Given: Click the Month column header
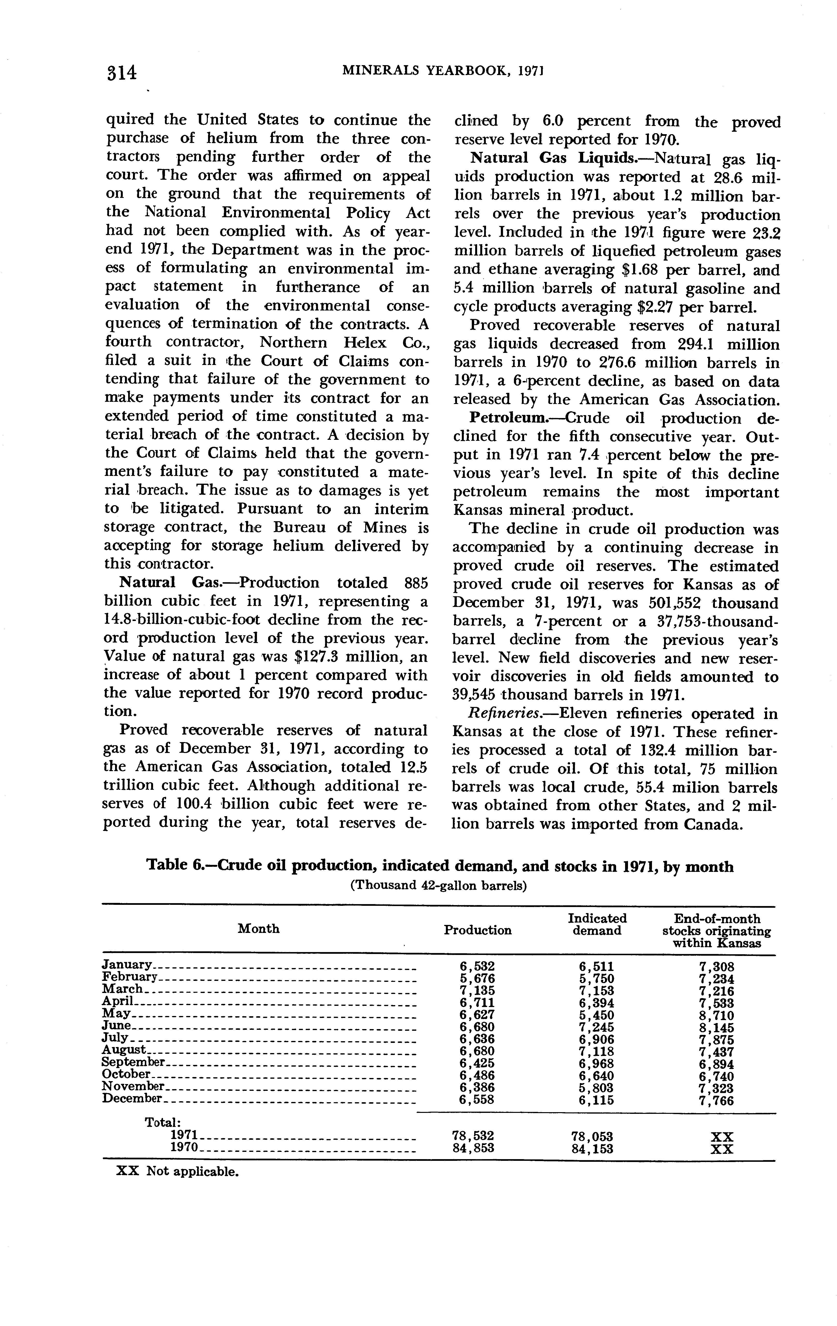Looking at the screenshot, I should pos(258,929).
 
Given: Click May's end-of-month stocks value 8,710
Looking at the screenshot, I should pos(716,1016).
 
